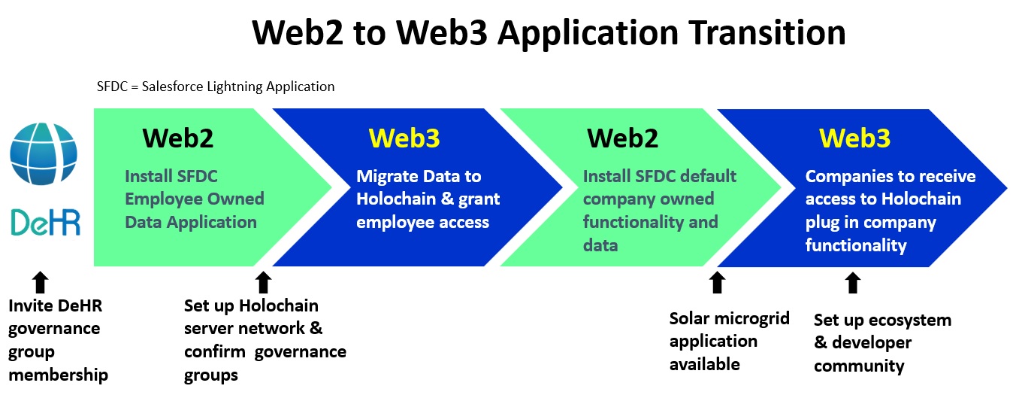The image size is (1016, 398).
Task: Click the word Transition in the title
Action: pos(767,32)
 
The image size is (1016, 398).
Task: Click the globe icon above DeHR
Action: pos(44,153)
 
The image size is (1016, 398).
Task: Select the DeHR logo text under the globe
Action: pos(45,222)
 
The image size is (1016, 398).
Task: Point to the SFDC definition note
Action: pos(216,87)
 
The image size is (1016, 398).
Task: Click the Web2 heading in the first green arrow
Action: pos(178,138)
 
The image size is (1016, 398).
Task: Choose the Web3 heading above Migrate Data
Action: pos(404,138)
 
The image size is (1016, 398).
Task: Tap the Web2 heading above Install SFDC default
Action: pos(622,138)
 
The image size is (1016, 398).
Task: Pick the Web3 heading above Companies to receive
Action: pos(854,138)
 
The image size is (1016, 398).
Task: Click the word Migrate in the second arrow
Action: pos(387,177)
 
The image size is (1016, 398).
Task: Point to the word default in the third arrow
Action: pos(709,176)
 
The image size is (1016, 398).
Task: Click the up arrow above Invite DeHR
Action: pos(41,282)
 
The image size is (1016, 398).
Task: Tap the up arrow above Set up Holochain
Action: pos(264,282)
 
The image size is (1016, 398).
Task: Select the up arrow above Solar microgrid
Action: pos(717,282)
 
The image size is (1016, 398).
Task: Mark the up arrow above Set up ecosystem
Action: pos(853,282)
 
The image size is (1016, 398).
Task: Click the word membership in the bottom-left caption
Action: pos(59,375)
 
